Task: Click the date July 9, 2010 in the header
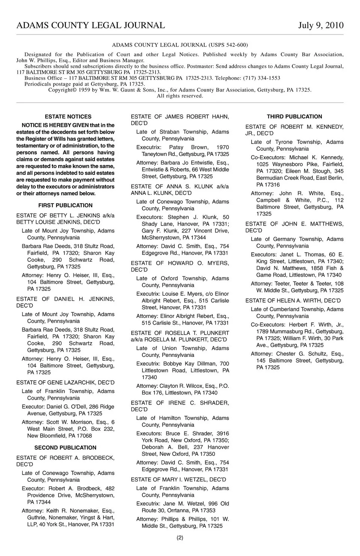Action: coord(321,25)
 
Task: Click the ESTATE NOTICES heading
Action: coord(68,117)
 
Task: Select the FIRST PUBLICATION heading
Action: coord(65,205)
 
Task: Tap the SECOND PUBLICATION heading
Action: coord(65,448)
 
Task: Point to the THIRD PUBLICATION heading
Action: coord(294,117)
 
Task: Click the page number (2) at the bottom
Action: coord(180,538)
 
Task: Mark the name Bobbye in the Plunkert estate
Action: coord(172,364)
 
